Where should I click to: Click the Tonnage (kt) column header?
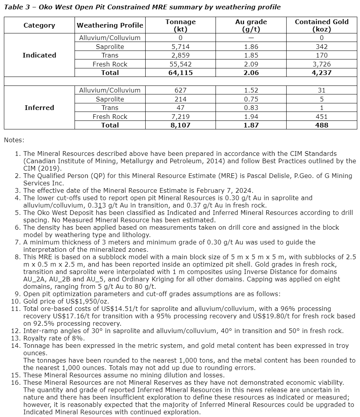click(x=181, y=25)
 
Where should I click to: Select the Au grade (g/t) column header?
click(x=251, y=25)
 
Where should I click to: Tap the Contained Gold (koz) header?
click(x=322, y=25)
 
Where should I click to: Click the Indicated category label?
click(x=39, y=55)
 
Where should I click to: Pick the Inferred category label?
click(x=39, y=108)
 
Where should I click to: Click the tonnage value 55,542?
click(x=181, y=64)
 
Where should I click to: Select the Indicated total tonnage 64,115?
click(x=181, y=73)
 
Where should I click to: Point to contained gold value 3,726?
click(x=322, y=64)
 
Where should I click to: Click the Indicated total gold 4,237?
click(x=322, y=73)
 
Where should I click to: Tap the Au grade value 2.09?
click(x=251, y=64)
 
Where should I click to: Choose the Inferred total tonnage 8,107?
click(x=181, y=125)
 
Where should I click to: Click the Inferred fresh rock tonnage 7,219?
click(x=181, y=117)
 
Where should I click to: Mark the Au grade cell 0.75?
click(x=251, y=99)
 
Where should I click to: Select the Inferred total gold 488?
click(x=322, y=125)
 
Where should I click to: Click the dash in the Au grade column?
click(x=251, y=38)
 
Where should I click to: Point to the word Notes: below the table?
click(x=14, y=140)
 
